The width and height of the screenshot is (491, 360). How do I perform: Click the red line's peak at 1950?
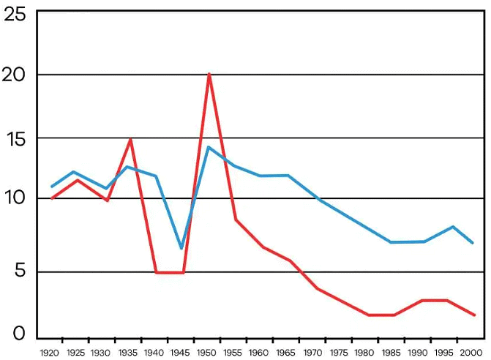tap(209, 74)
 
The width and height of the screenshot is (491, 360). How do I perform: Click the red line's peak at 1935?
tap(130, 139)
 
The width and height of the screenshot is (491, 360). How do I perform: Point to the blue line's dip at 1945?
tap(181, 249)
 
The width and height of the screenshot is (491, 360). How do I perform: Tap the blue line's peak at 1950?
tap(209, 147)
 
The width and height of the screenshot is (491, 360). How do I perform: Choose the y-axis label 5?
tap(20, 271)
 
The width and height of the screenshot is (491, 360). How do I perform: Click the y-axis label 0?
tap(20, 334)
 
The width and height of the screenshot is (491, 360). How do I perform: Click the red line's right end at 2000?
tap(475, 315)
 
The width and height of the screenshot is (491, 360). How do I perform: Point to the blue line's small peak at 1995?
tap(454, 227)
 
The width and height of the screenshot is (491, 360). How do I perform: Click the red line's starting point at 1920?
tap(51, 198)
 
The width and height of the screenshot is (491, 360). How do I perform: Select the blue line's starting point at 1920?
tap(51, 187)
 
